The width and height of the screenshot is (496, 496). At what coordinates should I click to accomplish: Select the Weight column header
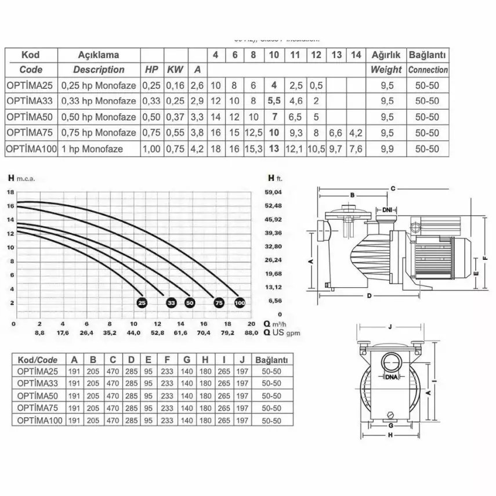coord(386,70)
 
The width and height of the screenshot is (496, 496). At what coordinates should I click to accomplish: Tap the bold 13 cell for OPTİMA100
coord(274,148)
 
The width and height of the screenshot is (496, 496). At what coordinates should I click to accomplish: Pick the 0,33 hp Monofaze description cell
coord(99,101)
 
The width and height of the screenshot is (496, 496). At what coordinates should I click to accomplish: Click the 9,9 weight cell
coord(386,148)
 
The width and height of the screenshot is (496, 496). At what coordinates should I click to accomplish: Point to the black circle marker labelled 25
coord(142,302)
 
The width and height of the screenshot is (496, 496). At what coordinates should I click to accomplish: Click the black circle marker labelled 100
coord(240,302)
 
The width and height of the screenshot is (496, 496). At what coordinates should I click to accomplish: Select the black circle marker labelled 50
coord(190,302)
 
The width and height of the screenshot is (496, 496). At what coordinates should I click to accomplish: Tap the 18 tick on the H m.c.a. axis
coord(9,192)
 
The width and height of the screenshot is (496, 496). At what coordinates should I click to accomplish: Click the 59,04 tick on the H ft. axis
coord(273,192)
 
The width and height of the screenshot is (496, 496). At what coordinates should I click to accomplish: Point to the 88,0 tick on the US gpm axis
coord(251,333)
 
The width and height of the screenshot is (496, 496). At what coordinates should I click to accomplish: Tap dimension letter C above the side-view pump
coord(393,189)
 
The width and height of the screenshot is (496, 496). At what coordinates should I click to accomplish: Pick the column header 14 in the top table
coord(356,55)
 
